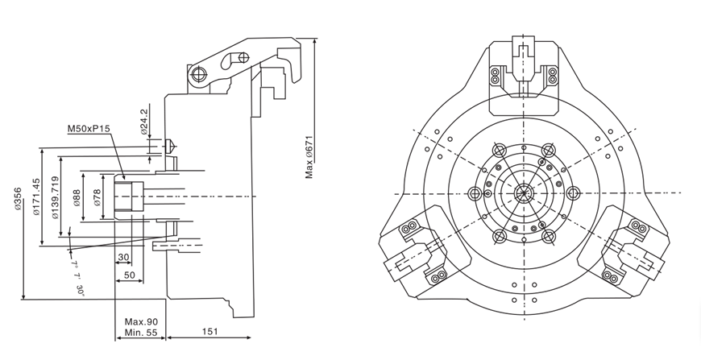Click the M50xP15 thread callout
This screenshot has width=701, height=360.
point(89,129)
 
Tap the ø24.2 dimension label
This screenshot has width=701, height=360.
point(144,122)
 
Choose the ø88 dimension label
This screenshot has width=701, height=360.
point(77,197)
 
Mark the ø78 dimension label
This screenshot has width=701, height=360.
point(97,197)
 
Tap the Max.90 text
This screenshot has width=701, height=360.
point(140,321)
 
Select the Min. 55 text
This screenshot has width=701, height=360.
point(140,332)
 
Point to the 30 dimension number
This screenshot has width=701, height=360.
point(123,258)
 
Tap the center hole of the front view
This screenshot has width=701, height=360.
point(525,192)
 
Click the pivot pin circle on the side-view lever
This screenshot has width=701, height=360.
point(197,75)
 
